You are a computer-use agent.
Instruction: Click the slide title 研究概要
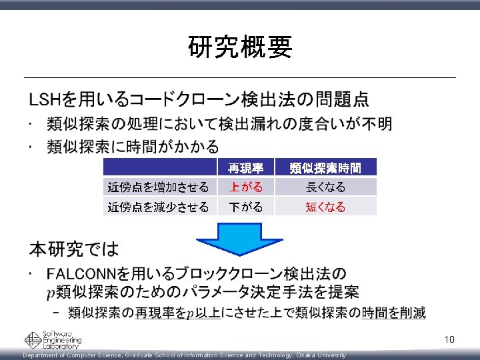(240, 47)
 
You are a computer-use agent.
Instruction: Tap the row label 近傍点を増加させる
(158, 187)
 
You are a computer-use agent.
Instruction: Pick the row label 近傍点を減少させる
(158, 207)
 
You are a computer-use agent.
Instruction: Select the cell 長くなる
(326, 187)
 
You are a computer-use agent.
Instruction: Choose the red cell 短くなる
(326, 207)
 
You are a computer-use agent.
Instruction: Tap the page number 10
(449, 340)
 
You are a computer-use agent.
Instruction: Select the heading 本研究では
(73, 250)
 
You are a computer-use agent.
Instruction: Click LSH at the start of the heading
(44, 100)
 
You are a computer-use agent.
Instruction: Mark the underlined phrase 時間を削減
(393, 313)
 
